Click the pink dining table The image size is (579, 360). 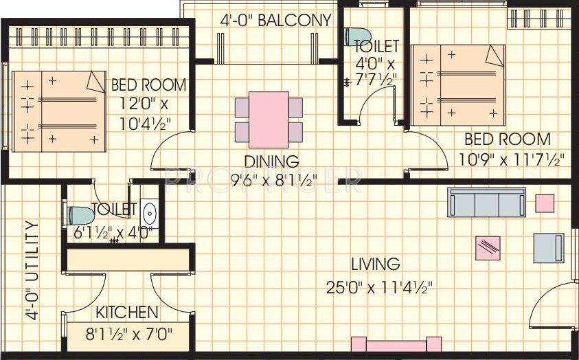269,119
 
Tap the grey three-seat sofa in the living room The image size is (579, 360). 486,202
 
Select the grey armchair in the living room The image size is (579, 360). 549,248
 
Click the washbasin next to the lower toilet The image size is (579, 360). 149,214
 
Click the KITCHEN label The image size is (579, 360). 126,313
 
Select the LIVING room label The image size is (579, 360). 375,264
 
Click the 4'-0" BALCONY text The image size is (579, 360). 275,21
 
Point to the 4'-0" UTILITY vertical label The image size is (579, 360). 32,271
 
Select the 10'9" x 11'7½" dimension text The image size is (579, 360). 512,159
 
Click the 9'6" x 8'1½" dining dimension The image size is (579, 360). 273,181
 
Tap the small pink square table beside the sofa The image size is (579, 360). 545,203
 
